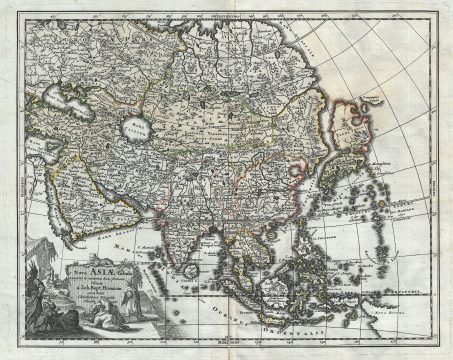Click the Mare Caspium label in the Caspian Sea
pyautogui.click(x=135, y=127)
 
